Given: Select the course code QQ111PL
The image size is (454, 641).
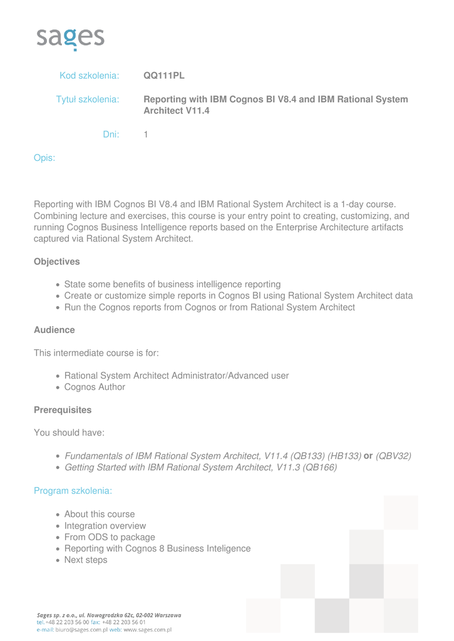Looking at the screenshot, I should [164, 76].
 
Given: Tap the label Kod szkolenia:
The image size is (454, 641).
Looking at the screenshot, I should [89, 76].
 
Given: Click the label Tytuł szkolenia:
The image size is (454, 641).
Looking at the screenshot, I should [88, 100].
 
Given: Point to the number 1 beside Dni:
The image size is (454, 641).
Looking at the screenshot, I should [146, 134].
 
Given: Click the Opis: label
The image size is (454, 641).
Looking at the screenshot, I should [44, 158].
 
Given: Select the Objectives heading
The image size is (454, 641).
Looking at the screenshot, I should [56, 261].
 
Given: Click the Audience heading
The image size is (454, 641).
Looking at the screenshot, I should [54, 330].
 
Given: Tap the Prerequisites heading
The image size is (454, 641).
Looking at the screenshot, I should [62, 410].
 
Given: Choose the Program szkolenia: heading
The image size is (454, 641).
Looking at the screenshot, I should [73, 491].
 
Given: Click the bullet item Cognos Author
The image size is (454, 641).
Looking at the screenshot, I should [95, 387].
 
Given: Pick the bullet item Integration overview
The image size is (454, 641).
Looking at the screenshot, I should [105, 526].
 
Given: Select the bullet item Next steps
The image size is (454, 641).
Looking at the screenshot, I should [86, 560].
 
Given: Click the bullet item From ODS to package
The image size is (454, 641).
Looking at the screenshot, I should [110, 537].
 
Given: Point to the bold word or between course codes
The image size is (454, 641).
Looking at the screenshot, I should [368, 456].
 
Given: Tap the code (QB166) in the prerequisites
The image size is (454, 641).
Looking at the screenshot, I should [319, 468].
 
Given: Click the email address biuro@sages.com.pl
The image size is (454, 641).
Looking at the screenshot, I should [81, 630].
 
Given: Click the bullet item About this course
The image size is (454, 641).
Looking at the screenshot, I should [100, 514].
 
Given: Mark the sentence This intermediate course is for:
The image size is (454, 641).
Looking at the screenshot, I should [96, 353].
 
